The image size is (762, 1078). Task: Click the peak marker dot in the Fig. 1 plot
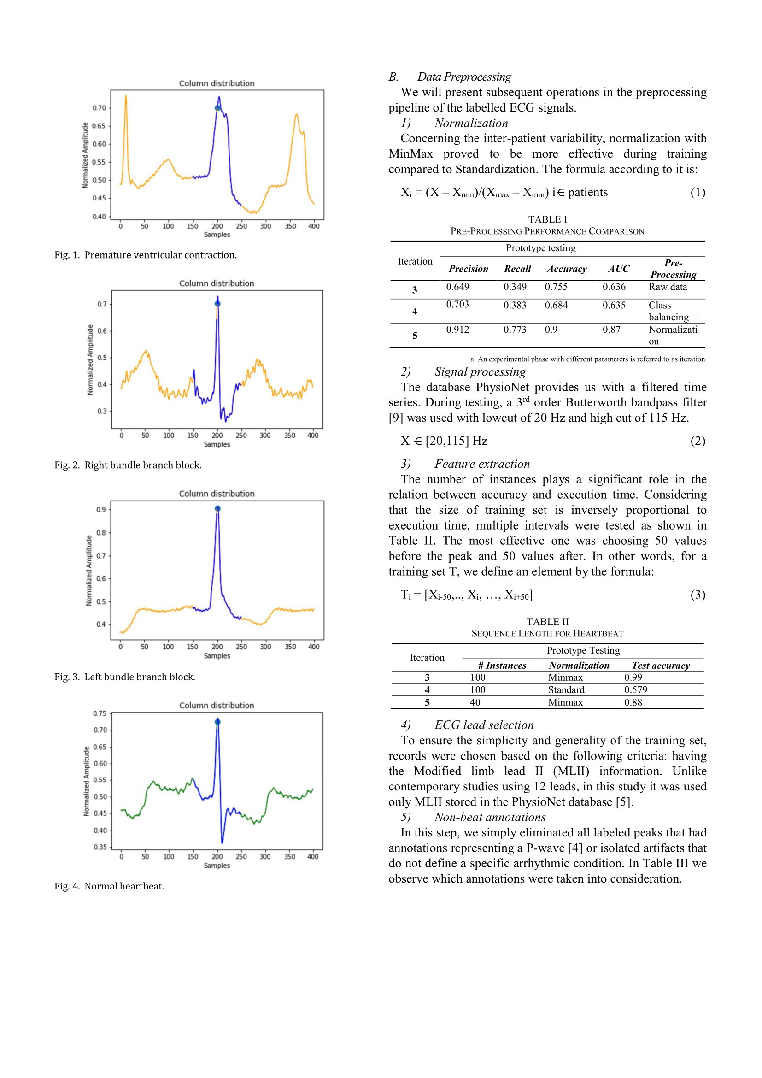click(x=217, y=108)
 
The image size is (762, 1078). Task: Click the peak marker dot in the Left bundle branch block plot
click(x=217, y=508)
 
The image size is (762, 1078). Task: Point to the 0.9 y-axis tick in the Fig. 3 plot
click(x=100, y=509)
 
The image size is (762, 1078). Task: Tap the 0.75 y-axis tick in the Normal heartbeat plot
click(x=100, y=713)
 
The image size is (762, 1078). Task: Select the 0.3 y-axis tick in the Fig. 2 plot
click(x=102, y=411)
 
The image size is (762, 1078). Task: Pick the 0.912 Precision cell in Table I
click(x=457, y=330)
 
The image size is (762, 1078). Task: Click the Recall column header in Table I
click(x=517, y=269)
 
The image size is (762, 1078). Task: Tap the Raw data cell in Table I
click(x=668, y=287)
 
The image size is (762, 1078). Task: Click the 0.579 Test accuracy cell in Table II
click(x=635, y=690)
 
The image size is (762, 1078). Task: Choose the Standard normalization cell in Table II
click(x=566, y=690)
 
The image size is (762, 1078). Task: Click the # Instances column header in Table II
click(x=502, y=666)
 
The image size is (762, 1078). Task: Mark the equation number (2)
click(x=697, y=441)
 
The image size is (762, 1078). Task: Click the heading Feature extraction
click(x=482, y=464)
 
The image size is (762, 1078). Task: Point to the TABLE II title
click(x=547, y=622)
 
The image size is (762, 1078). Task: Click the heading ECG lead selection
click(x=484, y=725)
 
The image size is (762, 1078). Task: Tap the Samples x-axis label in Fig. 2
click(x=217, y=444)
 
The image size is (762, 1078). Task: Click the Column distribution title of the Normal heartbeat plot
click(x=217, y=705)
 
